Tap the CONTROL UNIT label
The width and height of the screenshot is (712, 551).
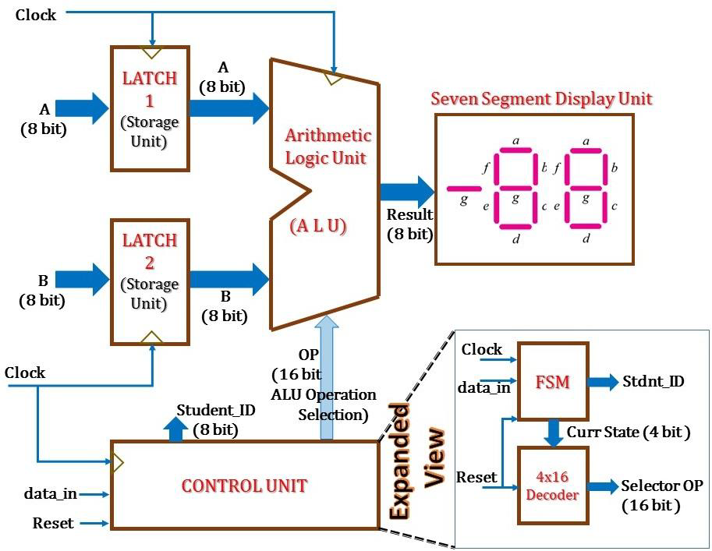244,486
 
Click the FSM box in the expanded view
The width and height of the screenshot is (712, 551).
553,382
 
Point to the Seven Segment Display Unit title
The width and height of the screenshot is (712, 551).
541,99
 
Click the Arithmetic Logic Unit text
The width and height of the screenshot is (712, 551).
328,146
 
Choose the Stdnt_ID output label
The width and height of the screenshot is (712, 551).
654,382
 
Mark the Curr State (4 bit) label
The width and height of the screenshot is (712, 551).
628,432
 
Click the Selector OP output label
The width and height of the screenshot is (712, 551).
661,486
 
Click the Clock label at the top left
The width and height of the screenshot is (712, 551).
36,14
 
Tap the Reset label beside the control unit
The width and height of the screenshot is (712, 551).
53,523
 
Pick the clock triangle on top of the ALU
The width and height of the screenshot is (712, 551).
334,78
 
